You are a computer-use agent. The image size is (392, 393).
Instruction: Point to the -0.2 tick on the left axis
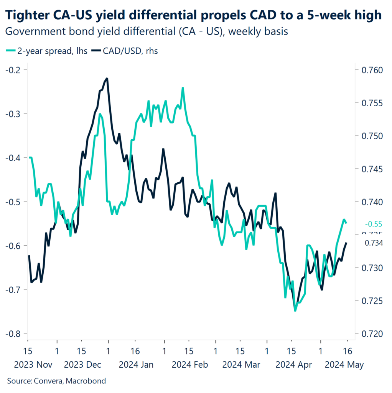(x=14, y=70)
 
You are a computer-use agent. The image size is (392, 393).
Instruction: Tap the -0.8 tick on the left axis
(x=14, y=334)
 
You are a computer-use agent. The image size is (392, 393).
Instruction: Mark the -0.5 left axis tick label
(x=14, y=201)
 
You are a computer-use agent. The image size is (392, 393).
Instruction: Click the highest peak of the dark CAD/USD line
(x=107, y=78)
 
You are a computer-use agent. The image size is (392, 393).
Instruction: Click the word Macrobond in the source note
(x=86, y=381)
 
